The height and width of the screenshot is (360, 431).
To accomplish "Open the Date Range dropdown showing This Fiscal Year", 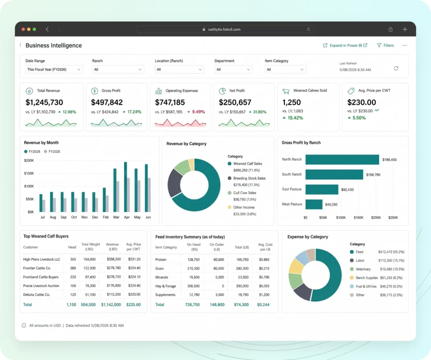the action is [54, 69].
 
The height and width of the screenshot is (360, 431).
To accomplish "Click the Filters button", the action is [386, 45].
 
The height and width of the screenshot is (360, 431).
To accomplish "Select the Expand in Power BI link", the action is [345, 45].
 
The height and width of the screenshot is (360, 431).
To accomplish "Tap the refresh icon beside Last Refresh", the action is [396, 68].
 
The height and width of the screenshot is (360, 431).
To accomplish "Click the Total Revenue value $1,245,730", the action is [44, 102].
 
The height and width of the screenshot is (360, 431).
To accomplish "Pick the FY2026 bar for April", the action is [125, 187].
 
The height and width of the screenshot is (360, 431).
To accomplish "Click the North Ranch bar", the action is [342, 160].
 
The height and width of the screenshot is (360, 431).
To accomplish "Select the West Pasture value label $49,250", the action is [331, 204].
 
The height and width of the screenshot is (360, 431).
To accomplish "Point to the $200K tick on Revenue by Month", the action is [29, 160].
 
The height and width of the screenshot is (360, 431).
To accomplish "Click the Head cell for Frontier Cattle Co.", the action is [73, 268].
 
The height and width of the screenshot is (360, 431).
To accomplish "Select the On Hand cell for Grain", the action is [193, 268].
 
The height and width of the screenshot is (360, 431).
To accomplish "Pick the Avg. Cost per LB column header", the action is [265, 247].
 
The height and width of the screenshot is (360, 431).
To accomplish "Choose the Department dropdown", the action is [233, 69].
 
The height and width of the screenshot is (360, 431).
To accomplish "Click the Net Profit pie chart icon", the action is [222, 91].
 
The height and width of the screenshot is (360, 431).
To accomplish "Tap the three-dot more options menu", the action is [404, 45].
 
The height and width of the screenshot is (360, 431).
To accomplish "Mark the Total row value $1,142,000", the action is [111, 304].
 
